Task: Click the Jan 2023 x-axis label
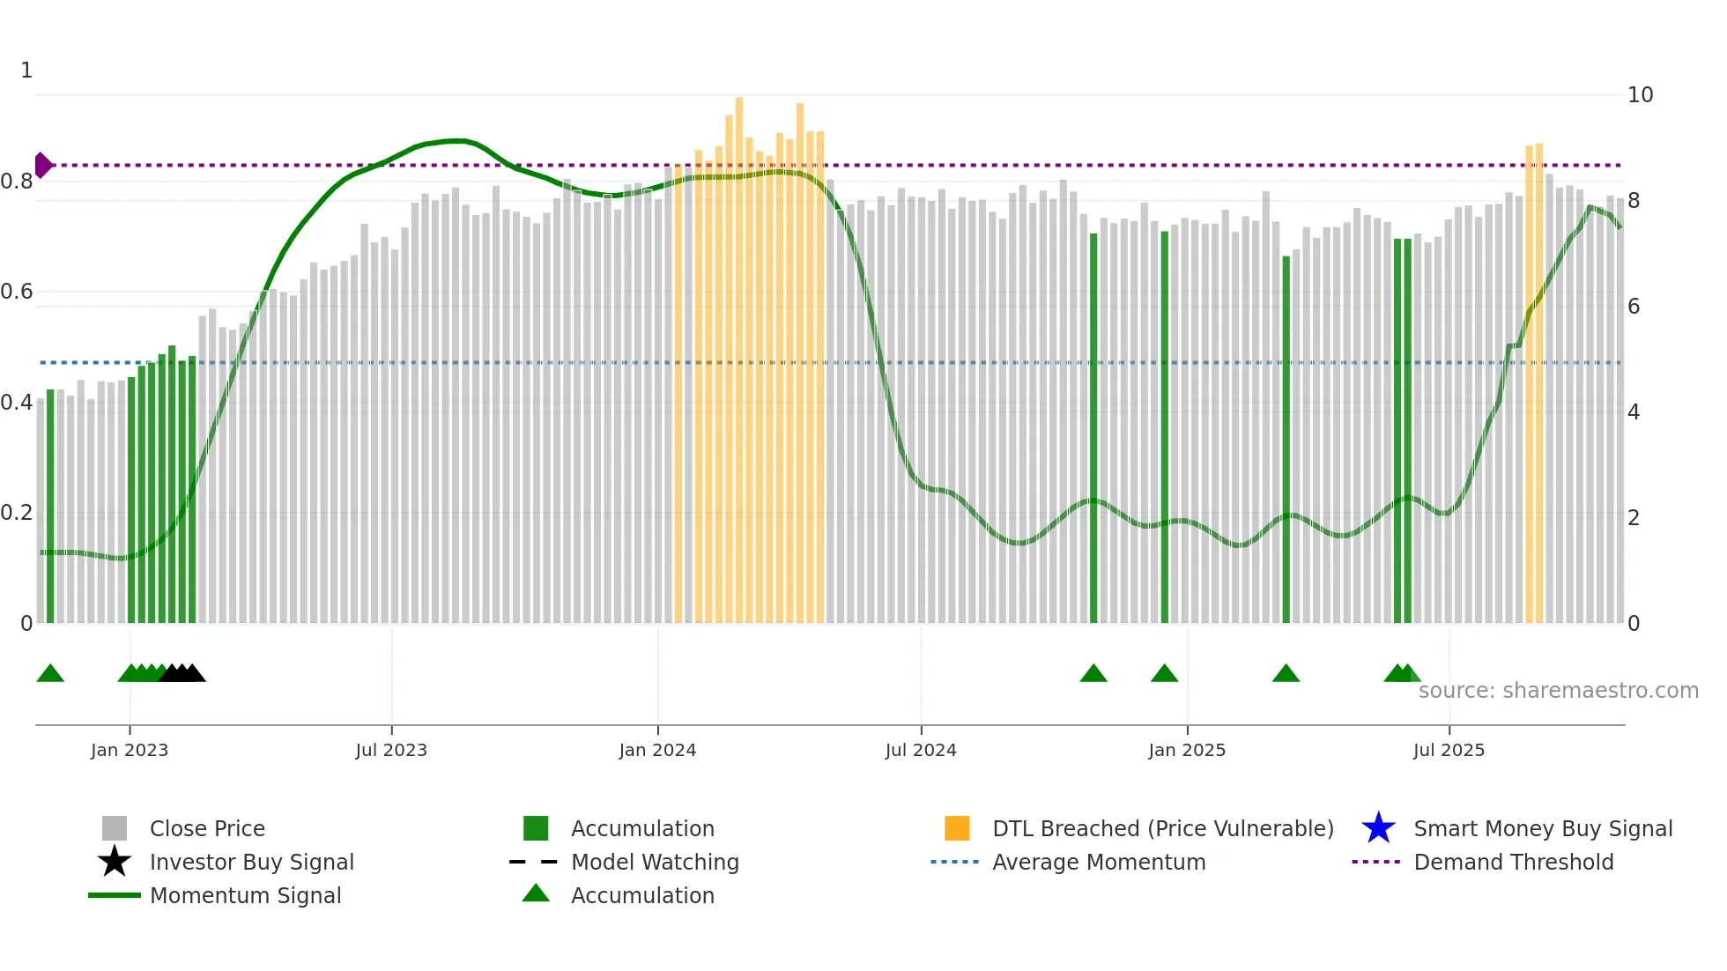(129, 750)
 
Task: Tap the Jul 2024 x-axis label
(920, 750)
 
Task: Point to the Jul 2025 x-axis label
(1449, 750)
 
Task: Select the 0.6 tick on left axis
(17, 292)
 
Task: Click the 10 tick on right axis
(1640, 95)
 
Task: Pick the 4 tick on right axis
(1634, 412)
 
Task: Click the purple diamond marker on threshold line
(42, 165)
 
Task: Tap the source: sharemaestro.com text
(1558, 691)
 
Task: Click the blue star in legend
(1378, 828)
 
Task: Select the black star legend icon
(115, 862)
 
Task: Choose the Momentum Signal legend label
(245, 895)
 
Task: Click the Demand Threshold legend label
(1513, 862)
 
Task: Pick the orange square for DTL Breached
(957, 828)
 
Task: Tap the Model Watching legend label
(655, 862)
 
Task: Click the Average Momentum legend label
(1099, 862)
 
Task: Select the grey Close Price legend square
(115, 828)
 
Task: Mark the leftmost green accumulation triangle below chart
(50, 674)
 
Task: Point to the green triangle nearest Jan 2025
(1164, 674)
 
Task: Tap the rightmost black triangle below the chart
(193, 674)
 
